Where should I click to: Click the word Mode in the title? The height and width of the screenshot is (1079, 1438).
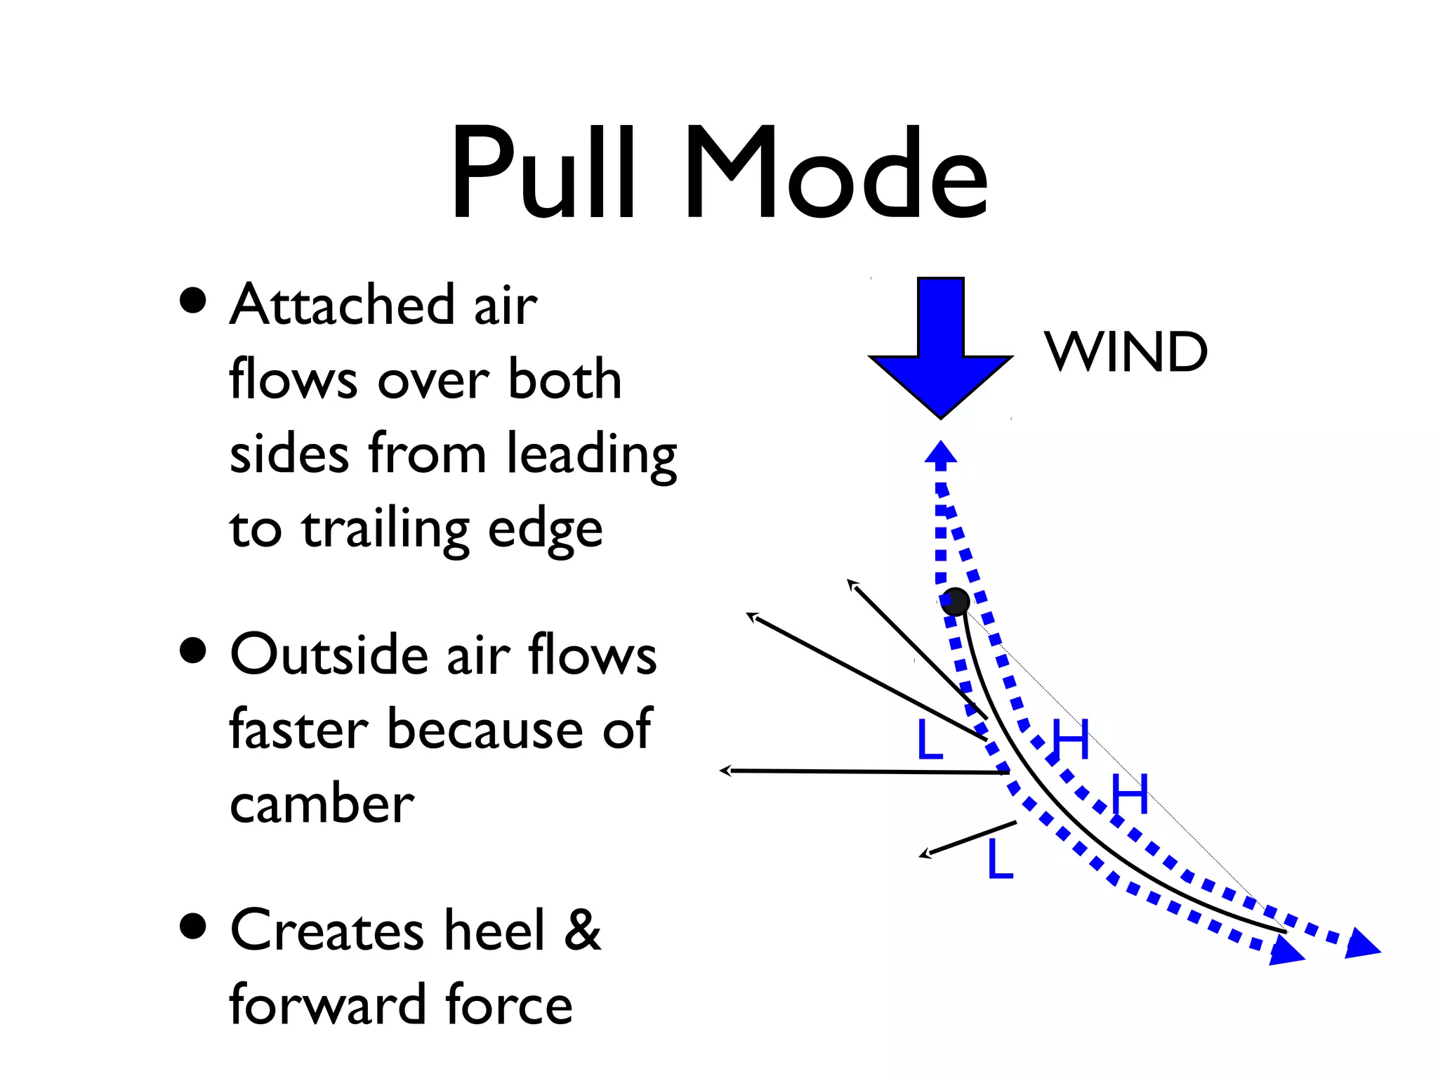[836, 173]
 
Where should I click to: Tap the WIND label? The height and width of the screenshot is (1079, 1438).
[1126, 351]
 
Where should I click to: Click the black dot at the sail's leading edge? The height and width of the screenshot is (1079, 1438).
[956, 602]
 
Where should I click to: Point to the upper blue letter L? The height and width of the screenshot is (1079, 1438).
[930, 740]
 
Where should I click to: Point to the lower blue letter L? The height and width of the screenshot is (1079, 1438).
[1000, 859]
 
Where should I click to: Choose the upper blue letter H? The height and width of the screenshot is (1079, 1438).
[1070, 740]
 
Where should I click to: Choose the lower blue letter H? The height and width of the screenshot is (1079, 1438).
[1130, 794]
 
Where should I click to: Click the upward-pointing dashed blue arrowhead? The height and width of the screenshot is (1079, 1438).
[941, 452]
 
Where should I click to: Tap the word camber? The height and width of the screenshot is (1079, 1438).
[322, 804]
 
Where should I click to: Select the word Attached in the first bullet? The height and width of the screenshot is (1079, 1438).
[343, 306]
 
